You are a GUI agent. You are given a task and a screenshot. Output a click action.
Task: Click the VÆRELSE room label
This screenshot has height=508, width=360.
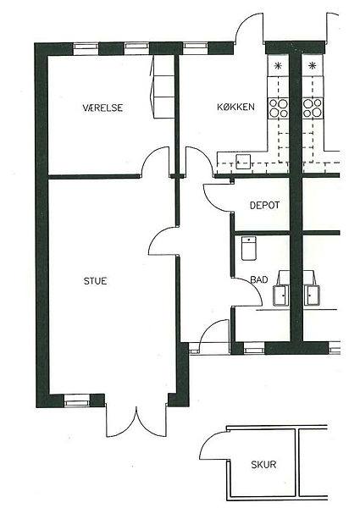[x=102, y=108]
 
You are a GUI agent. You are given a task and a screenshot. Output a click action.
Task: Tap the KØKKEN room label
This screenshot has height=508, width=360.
[x=235, y=107]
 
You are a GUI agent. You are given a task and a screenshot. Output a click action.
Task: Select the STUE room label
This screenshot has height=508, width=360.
[x=95, y=281]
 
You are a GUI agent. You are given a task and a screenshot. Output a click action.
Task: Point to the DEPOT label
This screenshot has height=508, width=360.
[x=264, y=206]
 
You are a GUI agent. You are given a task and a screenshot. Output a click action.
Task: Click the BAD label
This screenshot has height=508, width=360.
[x=259, y=279]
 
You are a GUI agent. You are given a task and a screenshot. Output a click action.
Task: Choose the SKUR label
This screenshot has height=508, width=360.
[x=263, y=465]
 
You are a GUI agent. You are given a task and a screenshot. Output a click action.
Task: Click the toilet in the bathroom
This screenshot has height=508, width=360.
[x=249, y=248]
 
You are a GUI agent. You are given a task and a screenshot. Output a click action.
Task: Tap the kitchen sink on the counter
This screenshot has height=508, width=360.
[x=243, y=162]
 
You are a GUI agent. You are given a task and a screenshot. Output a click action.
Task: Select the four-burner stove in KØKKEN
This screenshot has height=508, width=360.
[x=279, y=108]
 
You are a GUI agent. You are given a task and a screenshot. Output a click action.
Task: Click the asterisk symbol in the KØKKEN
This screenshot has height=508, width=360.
[x=278, y=66]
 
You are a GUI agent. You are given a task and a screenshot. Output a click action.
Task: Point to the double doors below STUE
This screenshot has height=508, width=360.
[x=136, y=421]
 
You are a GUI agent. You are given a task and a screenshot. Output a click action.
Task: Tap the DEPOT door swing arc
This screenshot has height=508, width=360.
[x=213, y=203]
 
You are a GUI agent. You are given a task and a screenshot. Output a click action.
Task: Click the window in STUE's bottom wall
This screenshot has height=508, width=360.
[x=76, y=400]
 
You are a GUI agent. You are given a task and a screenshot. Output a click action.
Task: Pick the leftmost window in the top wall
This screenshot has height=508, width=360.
[x=86, y=49]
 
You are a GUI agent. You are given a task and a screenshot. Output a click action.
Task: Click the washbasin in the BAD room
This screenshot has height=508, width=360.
[x=280, y=295]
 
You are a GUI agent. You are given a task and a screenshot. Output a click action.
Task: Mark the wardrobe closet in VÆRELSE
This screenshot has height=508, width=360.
[x=163, y=86]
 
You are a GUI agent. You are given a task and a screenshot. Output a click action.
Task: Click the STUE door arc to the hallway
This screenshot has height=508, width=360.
[x=158, y=235]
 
